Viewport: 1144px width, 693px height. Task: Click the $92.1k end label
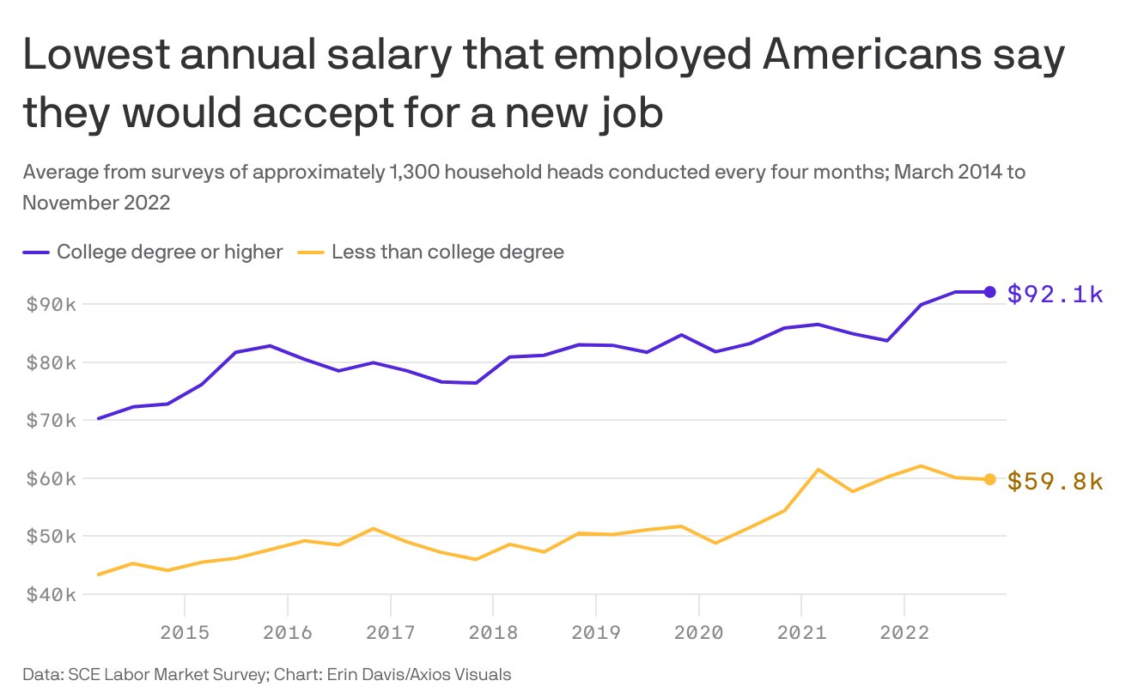(x=1055, y=295)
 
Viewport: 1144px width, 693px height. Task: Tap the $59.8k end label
(x=1055, y=482)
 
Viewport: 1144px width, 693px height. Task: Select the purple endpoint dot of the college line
(x=989, y=292)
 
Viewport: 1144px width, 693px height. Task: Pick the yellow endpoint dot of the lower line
(x=989, y=479)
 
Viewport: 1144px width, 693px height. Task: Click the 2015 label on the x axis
(x=185, y=634)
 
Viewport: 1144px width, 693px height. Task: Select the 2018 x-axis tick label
(x=493, y=634)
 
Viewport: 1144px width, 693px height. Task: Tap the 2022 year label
(x=904, y=634)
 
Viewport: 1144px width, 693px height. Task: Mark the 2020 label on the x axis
(x=698, y=634)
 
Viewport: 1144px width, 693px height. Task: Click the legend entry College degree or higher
(x=169, y=252)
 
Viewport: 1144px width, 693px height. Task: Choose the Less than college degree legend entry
(x=447, y=252)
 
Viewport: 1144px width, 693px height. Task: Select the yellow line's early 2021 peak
(x=818, y=469)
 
